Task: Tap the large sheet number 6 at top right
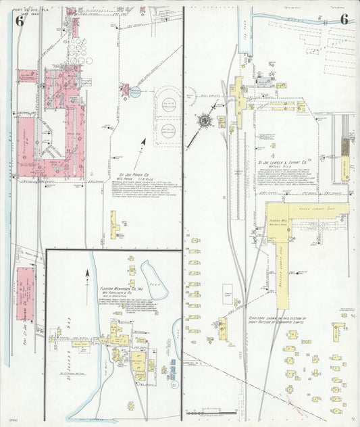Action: [344, 18]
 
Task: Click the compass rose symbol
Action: [203, 121]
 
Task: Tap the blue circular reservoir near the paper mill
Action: [134, 91]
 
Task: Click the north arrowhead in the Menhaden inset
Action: [87, 273]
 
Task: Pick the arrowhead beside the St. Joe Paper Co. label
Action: [144, 143]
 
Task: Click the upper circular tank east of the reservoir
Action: [168, 105]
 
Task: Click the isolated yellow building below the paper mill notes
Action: [114, 220]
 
